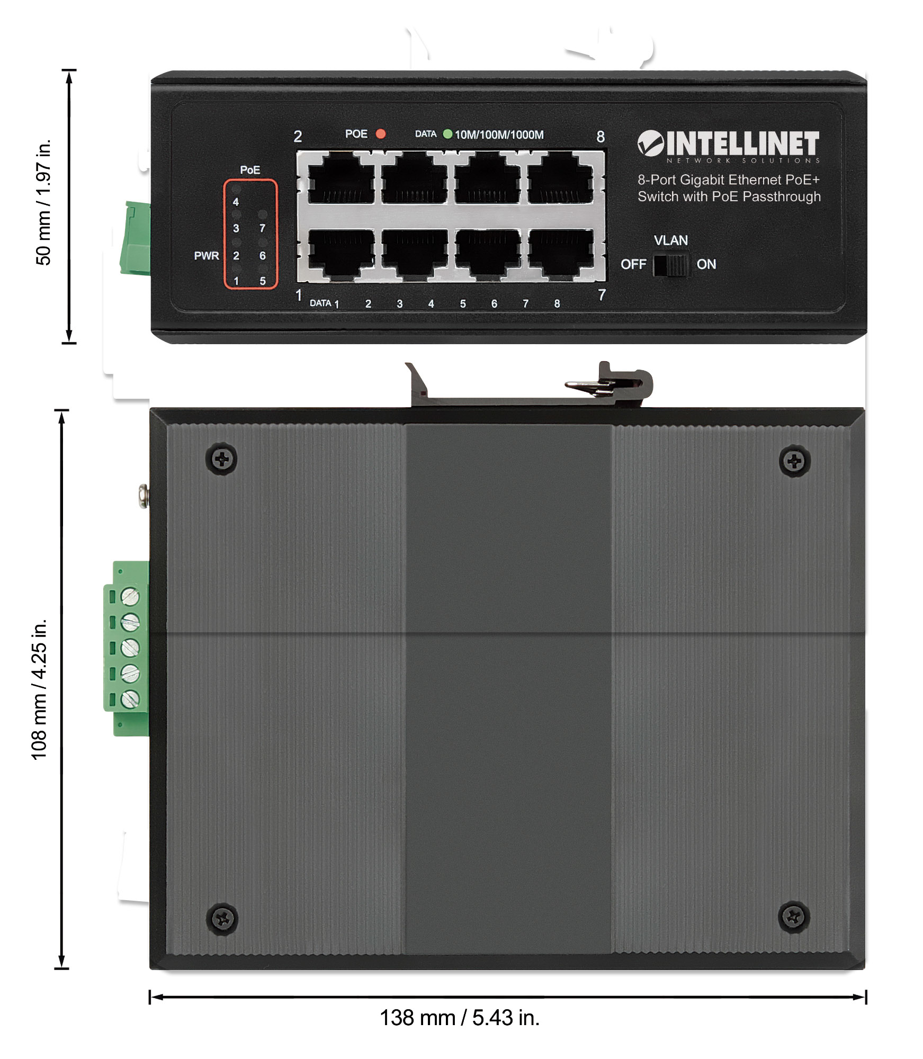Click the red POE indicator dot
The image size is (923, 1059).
[380, 134]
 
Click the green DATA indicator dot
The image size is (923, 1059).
[447, 134]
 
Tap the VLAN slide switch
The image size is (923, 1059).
[671, 265]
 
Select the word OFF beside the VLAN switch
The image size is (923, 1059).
[633, 264]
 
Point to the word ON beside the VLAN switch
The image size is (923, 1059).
[706, 264]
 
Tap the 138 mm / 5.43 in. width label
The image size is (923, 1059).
[460, 1018]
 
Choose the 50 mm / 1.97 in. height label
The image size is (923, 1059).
[43, 202]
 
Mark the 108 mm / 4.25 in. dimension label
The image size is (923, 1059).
[39, 689]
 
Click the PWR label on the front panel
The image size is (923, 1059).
[207, 256]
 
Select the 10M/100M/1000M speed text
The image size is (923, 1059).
[499, 135]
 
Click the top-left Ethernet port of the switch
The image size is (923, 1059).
[341, 178]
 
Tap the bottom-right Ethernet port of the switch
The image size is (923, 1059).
[561, 255]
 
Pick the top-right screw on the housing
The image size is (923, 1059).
[794, 461]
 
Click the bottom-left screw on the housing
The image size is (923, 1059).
[222, 919]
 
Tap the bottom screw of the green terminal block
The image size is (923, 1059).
[130, 699]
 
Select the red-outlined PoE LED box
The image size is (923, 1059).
[250, 235]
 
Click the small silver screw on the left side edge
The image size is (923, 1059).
[144, 496]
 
